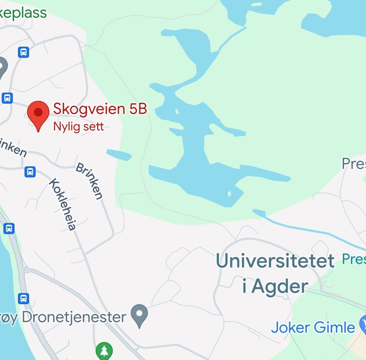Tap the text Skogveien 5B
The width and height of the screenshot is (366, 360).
[x=100, y=109]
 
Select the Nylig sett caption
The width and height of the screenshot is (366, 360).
[x=78, y=127]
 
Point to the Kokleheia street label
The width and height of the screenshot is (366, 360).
[x=63, y=204]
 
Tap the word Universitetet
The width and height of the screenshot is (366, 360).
[x=275, y=261]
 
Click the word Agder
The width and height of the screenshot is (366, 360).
[x=280, y=287]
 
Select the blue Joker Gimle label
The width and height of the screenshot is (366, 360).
[x=313, y=328]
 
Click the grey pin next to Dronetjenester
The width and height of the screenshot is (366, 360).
[x=139, y=315]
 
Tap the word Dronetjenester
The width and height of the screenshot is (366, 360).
[x=74, y=317]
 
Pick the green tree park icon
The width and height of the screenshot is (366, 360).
[x=104, y=351]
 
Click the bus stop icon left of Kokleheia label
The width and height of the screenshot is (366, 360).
[x=30, y=172]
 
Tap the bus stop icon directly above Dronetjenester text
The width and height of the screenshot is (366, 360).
[x=23, y=298]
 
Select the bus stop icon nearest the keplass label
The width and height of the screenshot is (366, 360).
[x=23, y=52]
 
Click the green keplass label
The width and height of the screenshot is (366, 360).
[x=23, y=13]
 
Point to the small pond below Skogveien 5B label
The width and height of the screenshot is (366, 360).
[x=119, y=155]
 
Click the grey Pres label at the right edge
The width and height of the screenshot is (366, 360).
[x=354, y=164]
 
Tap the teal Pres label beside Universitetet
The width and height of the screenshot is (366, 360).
[x=354, y=259]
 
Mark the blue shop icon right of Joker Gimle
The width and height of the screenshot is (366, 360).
[x=363, y=325]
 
